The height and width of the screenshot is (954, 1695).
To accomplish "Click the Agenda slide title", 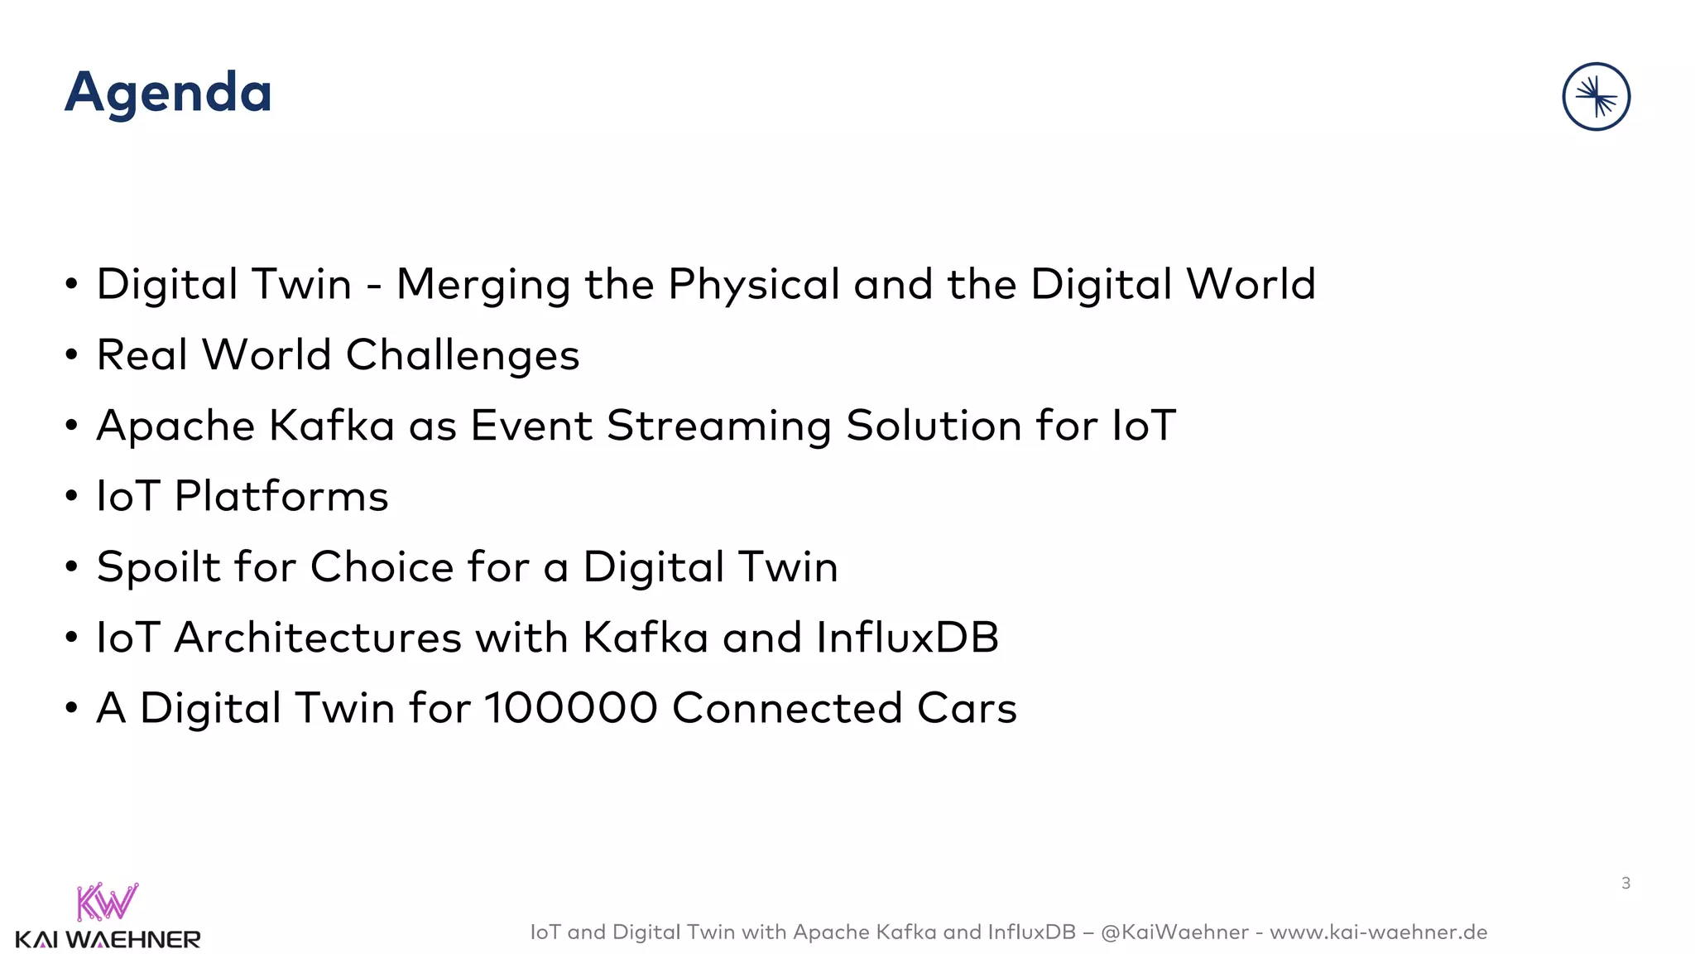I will click(168, 93).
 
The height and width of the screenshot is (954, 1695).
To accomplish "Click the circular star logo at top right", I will click(1596, 97).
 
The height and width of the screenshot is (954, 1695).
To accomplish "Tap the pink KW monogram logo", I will click(107, 902).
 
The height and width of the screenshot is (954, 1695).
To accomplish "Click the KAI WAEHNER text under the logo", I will click(108, 940).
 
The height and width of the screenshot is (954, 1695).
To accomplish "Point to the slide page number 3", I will click(1625, 884).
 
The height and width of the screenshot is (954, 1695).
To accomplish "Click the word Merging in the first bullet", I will click(483, 286).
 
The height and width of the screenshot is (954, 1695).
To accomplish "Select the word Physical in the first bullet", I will click(754, 286).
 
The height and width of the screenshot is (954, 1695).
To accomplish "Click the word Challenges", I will click(462, 356).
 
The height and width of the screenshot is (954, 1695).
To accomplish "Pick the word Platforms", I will click(281, 497).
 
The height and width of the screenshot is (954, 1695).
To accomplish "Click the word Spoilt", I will click(158, 568).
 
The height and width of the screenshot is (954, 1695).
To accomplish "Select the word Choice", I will click(382, 568).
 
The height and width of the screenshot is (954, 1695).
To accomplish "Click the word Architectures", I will click(317, 638).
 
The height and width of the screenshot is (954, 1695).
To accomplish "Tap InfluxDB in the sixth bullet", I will click(907, 638).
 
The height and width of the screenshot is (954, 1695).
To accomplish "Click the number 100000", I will click(570, 709).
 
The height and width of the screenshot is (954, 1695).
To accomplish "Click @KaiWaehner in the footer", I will click(1174, 932).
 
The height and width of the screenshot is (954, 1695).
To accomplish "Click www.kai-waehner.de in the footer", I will click(1378, 932).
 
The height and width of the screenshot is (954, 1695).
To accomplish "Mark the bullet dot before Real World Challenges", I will click(72, 355).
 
